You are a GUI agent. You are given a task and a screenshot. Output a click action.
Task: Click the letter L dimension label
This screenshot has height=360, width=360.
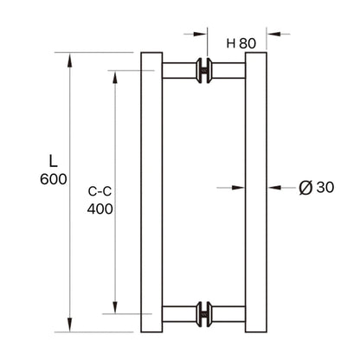point(53,160)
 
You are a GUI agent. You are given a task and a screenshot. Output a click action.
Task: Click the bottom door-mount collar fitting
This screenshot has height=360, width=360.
point(204,312)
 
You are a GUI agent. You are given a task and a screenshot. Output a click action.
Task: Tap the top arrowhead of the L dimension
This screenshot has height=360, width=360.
point(72,58)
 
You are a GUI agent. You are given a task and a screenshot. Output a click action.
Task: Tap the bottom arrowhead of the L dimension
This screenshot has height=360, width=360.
point(72,326)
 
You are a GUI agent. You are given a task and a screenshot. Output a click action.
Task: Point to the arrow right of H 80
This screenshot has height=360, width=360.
point(275,35)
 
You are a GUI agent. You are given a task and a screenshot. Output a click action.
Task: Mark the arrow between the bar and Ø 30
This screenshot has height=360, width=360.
point(278,186)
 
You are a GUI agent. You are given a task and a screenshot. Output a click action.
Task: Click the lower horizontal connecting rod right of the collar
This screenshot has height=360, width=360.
point(228,312)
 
